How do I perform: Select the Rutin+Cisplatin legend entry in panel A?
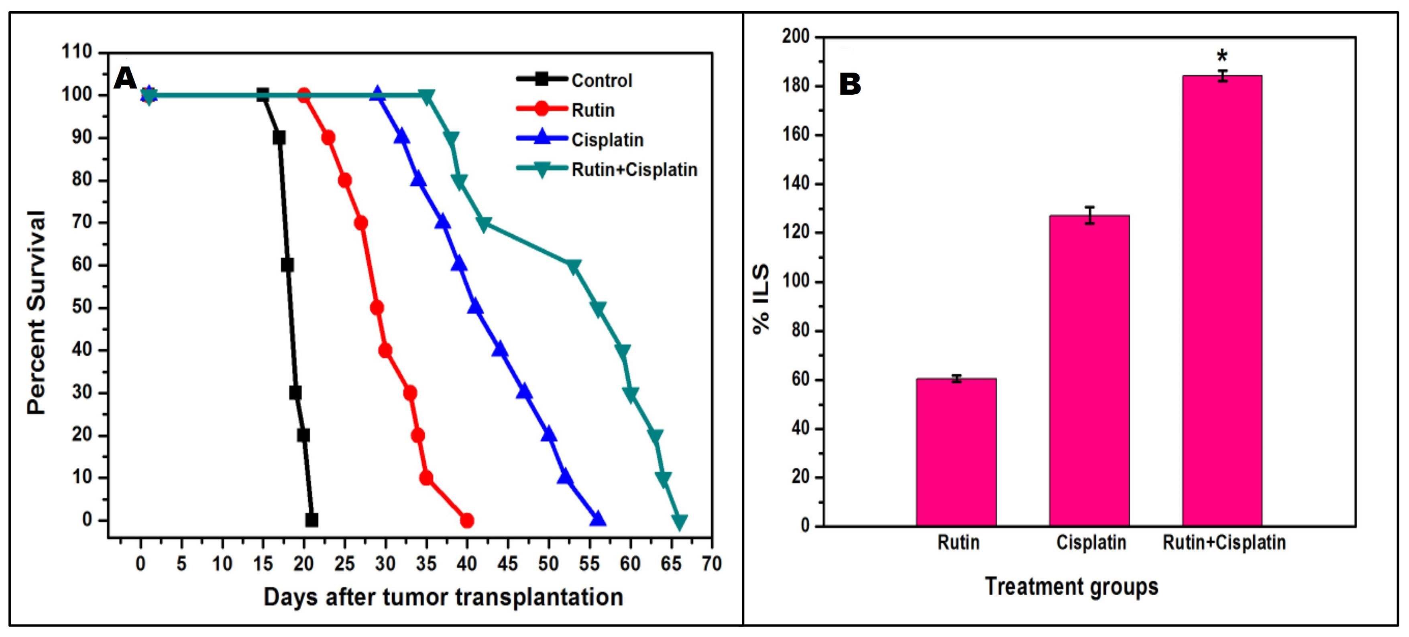coord(634,170)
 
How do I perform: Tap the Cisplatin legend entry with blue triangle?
coord(607,140)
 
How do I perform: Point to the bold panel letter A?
coord(125,79)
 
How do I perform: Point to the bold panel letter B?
coord(850,85)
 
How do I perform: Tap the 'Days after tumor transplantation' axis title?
coord(443,597)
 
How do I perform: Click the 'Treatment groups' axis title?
coord(1071,586)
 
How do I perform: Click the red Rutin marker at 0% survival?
coord(466,520)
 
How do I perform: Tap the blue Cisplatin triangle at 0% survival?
coord(597,519)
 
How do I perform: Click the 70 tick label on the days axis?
coord(712,563)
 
